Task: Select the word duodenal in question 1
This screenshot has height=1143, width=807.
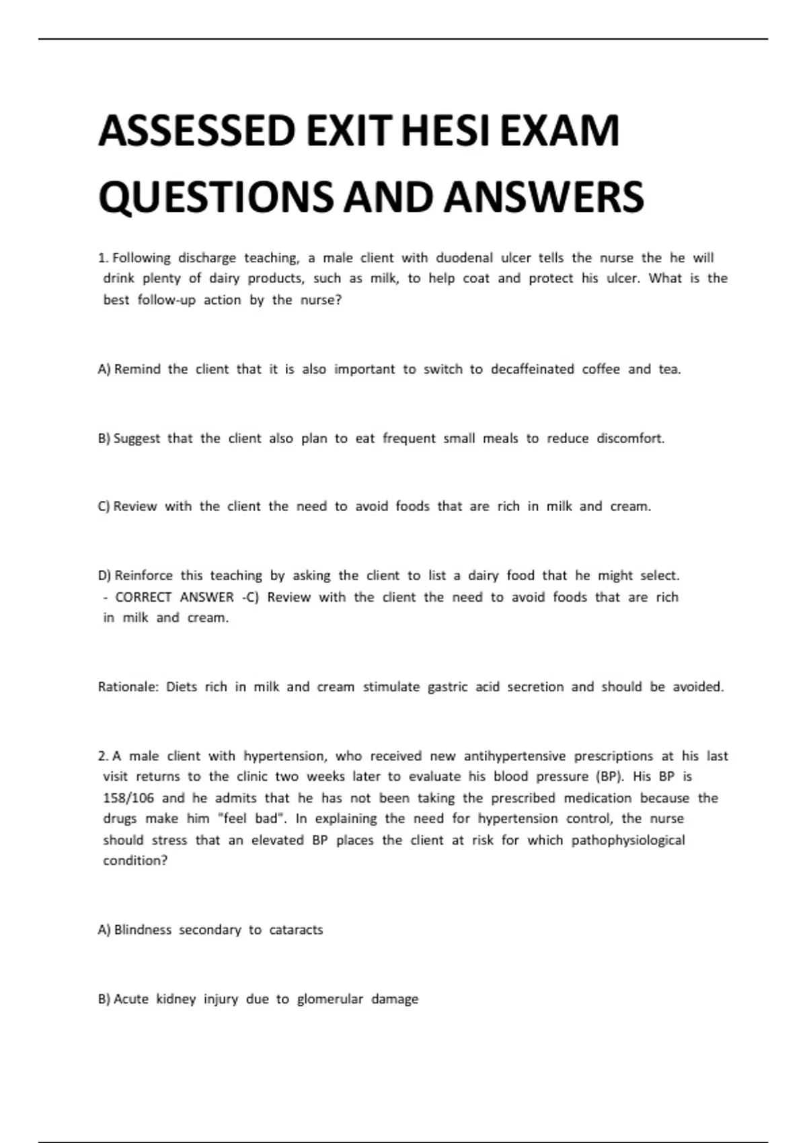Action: coord(464,258)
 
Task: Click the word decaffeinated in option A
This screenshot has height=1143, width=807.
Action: coord(532,369)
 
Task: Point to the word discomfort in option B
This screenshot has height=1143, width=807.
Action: coord(630,438)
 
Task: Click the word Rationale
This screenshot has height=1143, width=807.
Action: coord(128,687)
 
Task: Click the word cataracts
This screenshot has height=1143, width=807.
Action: coord(296,930)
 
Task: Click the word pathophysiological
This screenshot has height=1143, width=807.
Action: coord(628,840)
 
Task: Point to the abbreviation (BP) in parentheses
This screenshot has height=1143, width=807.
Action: coord(610,777)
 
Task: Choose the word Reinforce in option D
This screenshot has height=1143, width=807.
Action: coord(143,576)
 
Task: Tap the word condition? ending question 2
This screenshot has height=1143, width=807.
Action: coord(134,861)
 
